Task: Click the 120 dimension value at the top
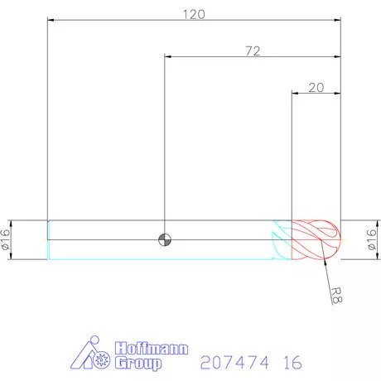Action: pos(193,14)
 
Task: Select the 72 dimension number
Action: pos(253,51)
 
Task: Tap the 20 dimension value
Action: pos(316,87)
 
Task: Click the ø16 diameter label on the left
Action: pos(7,240)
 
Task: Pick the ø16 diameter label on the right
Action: pos(370,240)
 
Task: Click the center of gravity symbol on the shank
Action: pos(165,239)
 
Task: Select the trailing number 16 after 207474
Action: pos(290,363)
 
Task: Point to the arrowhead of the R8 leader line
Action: pos(323,259)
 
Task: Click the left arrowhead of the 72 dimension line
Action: pos(169,57)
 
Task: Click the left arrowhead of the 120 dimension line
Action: pos(51,21)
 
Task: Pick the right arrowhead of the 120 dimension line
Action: pos(336,21)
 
